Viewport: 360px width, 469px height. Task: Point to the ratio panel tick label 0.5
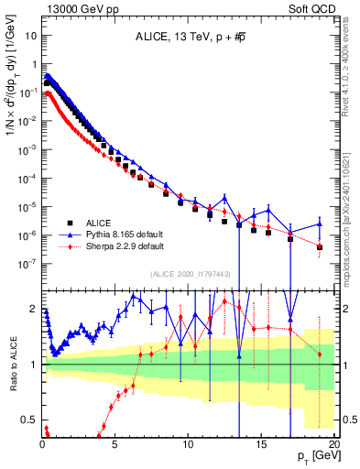coord(28,420)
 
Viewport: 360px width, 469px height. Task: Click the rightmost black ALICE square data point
coord(320,247)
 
